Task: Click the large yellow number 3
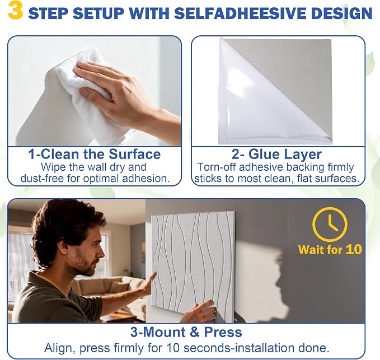click(x=15, y=11)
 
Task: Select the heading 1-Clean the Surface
click(x=95, y=154)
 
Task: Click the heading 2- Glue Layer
click(x=276, y=154)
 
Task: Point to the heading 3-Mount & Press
click(x=186, y=332)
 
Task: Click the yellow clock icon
click(x=330, y=225)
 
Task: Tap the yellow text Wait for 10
click(x=330, y=250)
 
